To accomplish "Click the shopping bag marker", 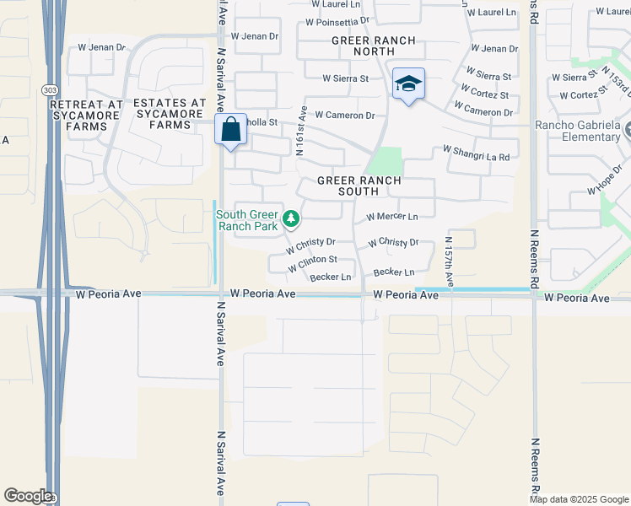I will point(230,130).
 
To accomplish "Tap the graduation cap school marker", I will point(408,84).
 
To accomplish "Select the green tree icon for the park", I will point(291,219).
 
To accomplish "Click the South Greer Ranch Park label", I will point(248,220).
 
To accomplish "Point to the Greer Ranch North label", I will point(373,46).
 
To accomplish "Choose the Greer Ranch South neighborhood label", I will point(359,186).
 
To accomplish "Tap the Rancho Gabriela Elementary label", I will point(579,132).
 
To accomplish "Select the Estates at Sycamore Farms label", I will point(169,114).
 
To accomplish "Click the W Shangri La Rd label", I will point(477,153).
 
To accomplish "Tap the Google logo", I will point(28,496).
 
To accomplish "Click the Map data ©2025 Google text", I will point(579,499).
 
